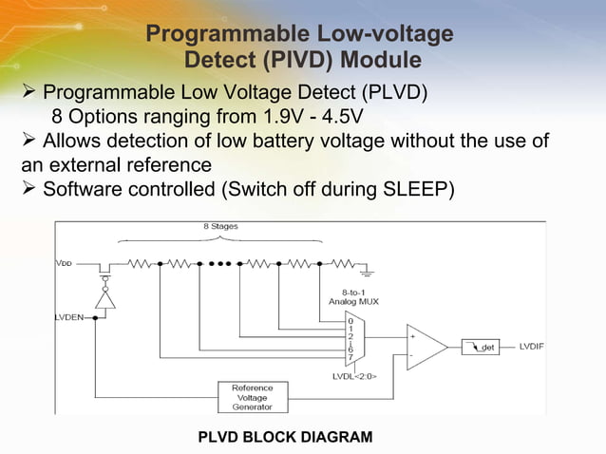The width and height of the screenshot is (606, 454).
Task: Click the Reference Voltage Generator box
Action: (x=252, y=396)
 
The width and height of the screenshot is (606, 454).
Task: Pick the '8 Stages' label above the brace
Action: (x=219, y=227)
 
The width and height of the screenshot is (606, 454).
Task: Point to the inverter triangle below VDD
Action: (x=108, y=296)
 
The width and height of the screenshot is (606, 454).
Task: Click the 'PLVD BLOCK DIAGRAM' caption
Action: (x=285, y=436)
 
